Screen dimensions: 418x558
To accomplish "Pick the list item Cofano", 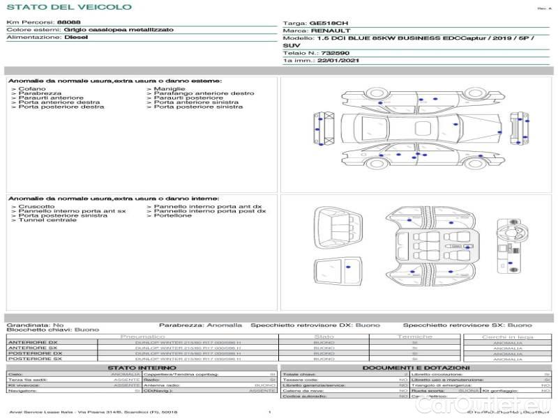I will coord(32,89).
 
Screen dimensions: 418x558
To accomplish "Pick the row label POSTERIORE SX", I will coord(34,359).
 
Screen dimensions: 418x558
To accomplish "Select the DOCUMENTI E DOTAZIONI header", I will coord(416,368).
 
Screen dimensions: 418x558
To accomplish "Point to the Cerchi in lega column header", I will coord(507,336).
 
